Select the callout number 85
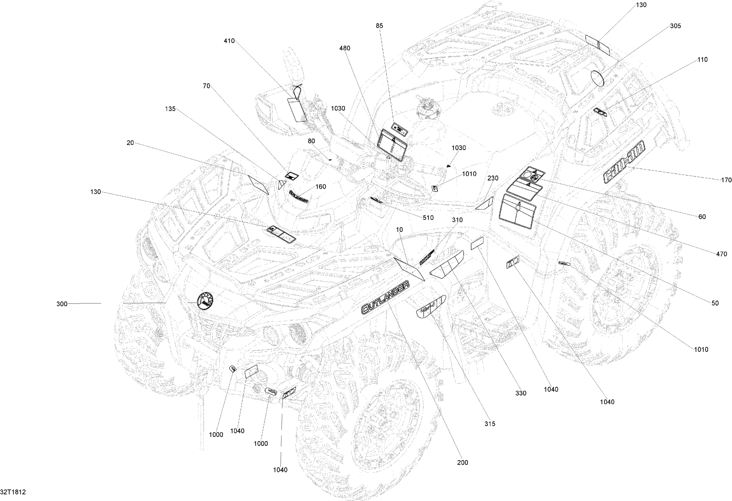tap(380, 26)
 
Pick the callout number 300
tap(62, 304)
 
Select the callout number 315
tap(490, 423)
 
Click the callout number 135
tap(170, 109)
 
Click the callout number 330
tap(521, 393)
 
